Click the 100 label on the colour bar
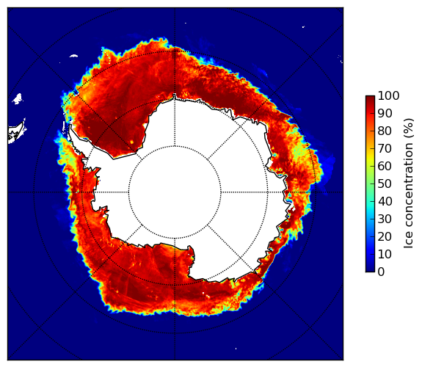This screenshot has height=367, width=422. point(388,95)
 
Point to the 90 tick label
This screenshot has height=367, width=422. point(385,113)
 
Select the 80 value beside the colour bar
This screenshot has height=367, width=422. point(385,131)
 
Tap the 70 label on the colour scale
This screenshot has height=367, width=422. point(385,148)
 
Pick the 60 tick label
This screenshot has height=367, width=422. point(385,166)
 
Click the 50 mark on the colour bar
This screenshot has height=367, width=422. point(385,184)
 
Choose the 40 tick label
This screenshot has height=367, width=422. point(385,201)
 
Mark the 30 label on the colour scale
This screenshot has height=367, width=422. point(385,219)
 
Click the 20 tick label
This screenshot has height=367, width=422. point(385,236)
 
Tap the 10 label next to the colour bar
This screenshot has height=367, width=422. point(385,254)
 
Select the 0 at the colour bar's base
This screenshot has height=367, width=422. point(381,272)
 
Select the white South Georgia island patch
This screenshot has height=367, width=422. point(73,56)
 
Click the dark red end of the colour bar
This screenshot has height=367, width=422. point(370,98)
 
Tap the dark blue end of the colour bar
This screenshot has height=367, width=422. point(370,270)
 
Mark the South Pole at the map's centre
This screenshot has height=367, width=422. point(175,192)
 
